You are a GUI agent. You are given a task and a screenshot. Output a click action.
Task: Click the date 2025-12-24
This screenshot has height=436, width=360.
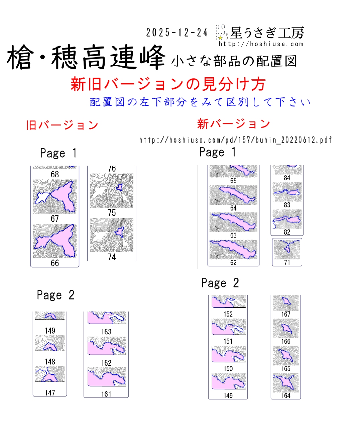(177, 32)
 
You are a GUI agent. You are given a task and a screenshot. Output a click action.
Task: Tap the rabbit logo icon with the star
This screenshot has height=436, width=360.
(221, 32)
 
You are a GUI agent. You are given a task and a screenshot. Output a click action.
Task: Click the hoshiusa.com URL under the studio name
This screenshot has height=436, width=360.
(261, 44)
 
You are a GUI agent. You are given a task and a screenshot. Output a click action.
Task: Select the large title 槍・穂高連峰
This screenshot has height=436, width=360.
(86, 58)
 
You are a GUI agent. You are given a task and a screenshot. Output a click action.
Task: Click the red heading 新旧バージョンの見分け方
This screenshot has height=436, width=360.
(168, 84)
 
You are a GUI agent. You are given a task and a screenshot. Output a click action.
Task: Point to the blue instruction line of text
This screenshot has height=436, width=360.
(200, 102)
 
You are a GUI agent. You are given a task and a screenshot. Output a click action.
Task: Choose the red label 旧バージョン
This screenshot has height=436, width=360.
(62, 125)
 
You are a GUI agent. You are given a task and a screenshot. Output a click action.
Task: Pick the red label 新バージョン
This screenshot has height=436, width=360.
(233, 124)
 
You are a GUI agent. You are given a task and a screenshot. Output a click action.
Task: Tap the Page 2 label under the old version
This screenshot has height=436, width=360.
(55, 295)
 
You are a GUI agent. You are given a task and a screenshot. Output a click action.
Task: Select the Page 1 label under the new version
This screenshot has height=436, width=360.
(218, 152)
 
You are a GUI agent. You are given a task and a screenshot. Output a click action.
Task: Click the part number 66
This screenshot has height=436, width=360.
(55, 263)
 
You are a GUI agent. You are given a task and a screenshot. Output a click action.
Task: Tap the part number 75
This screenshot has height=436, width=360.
(112, 213)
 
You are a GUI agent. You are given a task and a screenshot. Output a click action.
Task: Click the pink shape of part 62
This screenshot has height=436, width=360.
(234, 249)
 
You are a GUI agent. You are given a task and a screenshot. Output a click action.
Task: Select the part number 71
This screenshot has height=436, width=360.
(287, 263)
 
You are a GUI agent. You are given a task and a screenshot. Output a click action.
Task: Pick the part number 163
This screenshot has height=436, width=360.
(106, 332)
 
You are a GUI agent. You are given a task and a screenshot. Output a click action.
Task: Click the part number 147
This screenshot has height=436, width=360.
(50, 393)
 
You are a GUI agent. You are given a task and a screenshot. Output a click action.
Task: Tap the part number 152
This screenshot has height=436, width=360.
(228, 314)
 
